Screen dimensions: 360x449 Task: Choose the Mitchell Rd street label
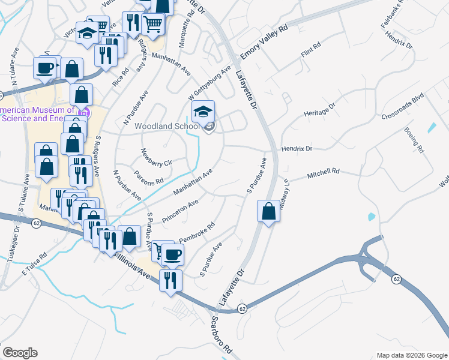[x=324, y=174]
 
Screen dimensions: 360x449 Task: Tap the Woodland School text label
[x=167, y=126]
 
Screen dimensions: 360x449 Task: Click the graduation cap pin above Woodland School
[x=203, y=111]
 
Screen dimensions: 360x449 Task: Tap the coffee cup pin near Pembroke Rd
[x=173, y=254]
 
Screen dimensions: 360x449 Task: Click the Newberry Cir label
[x=156, y=157]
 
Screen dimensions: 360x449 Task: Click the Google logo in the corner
[x=20, y=353]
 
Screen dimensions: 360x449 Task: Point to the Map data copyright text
[x=411, y=355]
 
